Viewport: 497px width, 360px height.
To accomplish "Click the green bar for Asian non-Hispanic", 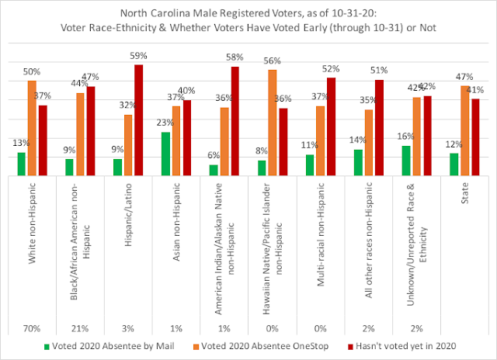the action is pyautogui.click(x=165, y=154).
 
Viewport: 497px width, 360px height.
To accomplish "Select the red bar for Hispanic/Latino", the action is pyautogui.click(x=138, y=120).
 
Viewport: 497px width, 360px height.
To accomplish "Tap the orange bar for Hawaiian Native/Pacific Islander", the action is pyautogui.click(x=273, y=123).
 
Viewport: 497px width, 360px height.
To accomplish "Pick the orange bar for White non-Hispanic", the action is pyautogui.click(x=32, y=128).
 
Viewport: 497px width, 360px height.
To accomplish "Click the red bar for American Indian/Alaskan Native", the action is pyautogui.click(x=235, y=121).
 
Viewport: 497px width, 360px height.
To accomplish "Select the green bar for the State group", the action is pyautogui.click(x=454, y=164).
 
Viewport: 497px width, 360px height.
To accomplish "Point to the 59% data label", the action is pyautogui.click(x=138, y=56).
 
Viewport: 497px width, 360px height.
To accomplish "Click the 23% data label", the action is pyautogui.click(x=165, y=123).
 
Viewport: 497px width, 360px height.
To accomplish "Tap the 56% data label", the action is pyautogui.click(x=273, y=61).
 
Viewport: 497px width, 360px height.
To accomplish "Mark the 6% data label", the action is pyautogui.click(x=214, y=155).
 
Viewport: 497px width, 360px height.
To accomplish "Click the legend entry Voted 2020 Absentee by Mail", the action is pyautogui.click(x=109, y=346).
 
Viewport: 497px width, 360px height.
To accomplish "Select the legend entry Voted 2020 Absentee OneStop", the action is pyautogui.click(x=261, y=346).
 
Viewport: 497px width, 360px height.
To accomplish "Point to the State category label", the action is pyautogui.click(x=464, y=193).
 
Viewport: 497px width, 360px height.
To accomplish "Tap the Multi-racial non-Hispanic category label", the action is pyautogui.click(x=321, y=234).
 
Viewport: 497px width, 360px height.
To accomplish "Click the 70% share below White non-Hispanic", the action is pyautogui.click(x=32, y=329).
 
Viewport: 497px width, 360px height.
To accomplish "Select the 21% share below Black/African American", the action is pyautogui.click(x=80, y=329).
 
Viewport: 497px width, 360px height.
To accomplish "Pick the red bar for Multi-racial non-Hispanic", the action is pyautogui.click(x=331, y=126).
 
